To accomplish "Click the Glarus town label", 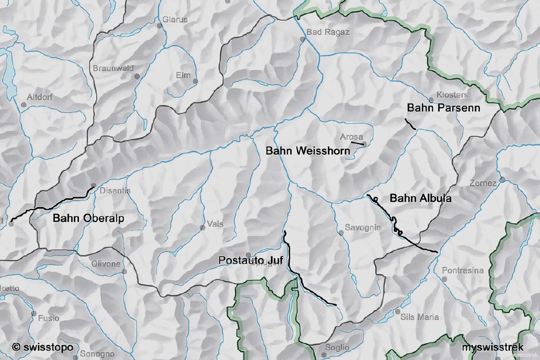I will (x=175, y=20).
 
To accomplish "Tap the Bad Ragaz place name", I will (x=328, y=32).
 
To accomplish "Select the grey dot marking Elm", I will (x=195, y=81).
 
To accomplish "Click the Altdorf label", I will (x=40, y=97).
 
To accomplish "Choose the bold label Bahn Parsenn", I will (x=443, y=108).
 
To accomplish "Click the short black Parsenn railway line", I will (x=410, y=124).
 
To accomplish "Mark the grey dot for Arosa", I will (x=364, y=144).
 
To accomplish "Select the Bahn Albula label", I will (x=420, y=198).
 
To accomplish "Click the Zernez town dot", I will (x=502, y=179).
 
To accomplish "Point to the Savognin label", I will (x=363, y=227).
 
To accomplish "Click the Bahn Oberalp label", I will (x=88, y=218).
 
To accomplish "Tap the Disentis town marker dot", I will (x=93, y=185).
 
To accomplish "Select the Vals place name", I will (x=215, y=224).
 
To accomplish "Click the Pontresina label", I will (x=462, y=271).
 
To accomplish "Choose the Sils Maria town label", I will (x=420, y=316).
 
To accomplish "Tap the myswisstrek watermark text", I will (x=493, y=347).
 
